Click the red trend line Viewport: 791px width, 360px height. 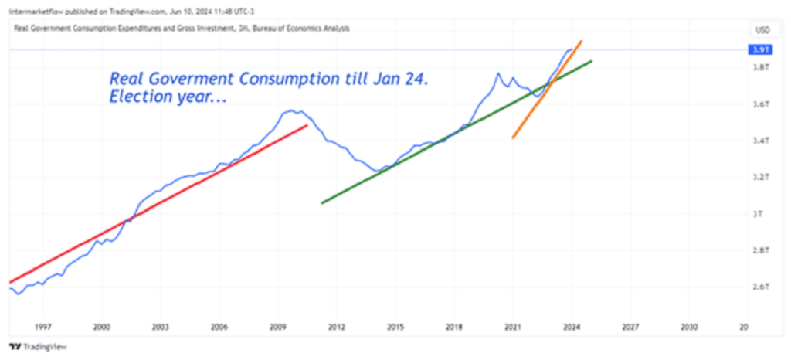coord(154,205)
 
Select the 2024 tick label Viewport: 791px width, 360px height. coord(571,328)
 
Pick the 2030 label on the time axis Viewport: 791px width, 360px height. coord(689,328)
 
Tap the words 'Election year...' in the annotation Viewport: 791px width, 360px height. coord(162,100)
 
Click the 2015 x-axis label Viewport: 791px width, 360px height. coord(395,328)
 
